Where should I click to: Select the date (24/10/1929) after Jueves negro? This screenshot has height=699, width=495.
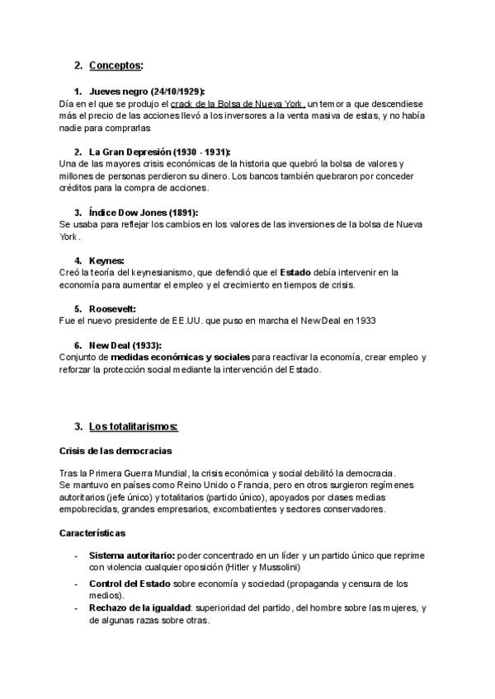tap(173, 91)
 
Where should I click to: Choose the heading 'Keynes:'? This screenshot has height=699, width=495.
tap(106, 260)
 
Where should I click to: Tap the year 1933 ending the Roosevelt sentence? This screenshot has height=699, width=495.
tap(368, 321)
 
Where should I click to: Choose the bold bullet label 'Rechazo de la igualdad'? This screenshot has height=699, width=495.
tap(139, 608)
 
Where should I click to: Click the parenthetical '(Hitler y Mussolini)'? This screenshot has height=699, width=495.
tap(258, 567)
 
